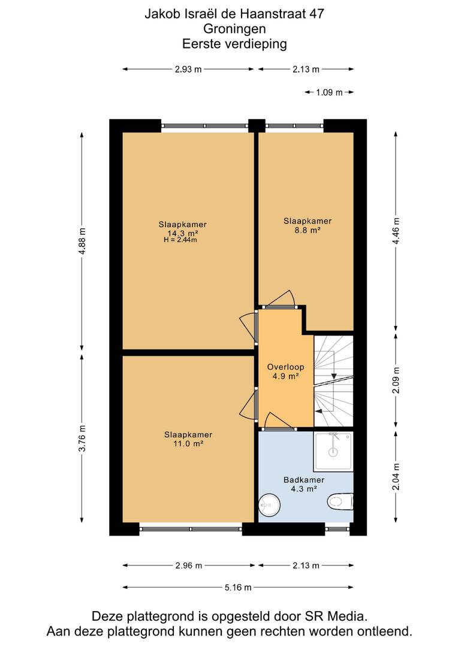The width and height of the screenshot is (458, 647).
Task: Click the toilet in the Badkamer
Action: (340, 502)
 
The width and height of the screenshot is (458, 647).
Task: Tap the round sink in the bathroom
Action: (270, 504)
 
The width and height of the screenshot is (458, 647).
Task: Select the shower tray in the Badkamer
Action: (333, 452)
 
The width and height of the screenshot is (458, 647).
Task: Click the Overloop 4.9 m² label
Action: (285, 371)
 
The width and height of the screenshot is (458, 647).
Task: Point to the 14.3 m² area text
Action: (183, 233)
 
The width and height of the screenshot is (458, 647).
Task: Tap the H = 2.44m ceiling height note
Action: (180, 240)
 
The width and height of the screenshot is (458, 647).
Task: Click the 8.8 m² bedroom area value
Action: (308, 231)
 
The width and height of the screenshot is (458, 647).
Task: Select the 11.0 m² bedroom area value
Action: (188, 444)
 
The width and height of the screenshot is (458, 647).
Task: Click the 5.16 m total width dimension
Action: (238, 587)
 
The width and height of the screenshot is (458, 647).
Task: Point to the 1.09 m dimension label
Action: (329, 92)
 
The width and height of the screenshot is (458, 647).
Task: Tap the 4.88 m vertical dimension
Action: (82, 242)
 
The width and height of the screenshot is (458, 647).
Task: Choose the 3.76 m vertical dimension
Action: (82, 438)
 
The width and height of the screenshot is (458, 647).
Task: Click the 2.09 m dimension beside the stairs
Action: (396, 380)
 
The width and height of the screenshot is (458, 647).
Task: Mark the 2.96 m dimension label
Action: (189, 566)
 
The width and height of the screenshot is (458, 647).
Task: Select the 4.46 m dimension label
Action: (396, 231)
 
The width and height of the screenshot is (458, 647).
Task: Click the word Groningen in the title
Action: (234, 29)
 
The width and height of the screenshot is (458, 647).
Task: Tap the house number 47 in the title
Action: (317, 14)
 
